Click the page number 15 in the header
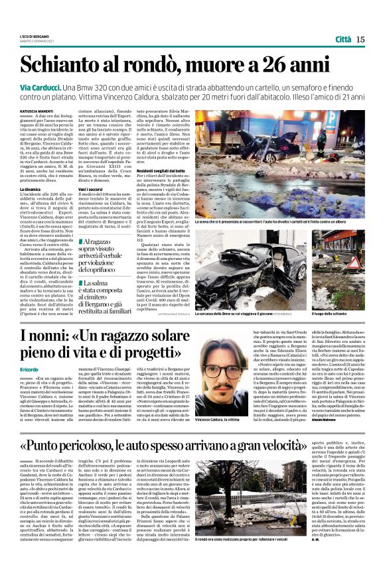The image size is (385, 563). [x=360, y=39]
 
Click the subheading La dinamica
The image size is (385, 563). [x=31, y=189]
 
